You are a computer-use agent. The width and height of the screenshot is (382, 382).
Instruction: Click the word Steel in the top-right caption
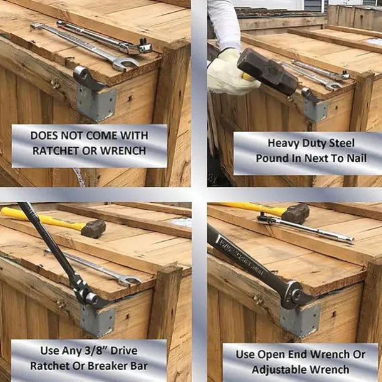[x=342, y=143]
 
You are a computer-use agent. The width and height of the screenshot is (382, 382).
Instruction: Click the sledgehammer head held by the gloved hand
[x=268, y=71]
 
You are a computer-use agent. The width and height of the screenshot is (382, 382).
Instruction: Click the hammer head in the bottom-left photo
[x=93, y=229]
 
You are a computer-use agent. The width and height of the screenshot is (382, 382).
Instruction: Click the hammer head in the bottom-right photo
[x=296, y=214]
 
